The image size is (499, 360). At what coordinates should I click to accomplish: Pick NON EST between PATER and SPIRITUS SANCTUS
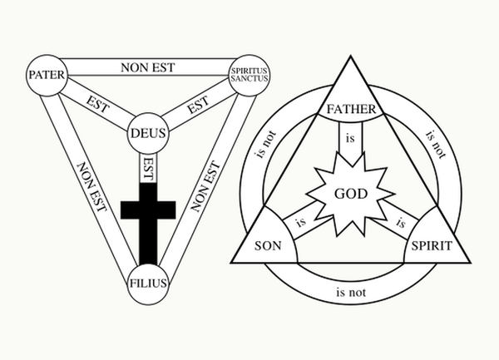tap(148, 67)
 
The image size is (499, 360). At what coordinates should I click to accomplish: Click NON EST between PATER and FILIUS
tap(91, 187)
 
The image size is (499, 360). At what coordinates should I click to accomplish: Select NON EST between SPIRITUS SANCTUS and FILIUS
tap(205, 186)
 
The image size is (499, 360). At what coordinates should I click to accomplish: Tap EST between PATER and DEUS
tap(97, 104)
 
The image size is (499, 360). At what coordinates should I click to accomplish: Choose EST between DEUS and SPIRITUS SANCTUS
tap(198, 104)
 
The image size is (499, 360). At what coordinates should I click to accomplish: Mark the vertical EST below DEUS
tap(148, 169)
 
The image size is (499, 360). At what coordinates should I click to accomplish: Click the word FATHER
tap(351, 109)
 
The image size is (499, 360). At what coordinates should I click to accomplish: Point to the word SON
tap(268, 246)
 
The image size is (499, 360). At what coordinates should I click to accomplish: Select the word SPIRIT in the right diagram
tap(432, 246)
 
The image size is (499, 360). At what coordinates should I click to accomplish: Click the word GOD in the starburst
tap(351, 194)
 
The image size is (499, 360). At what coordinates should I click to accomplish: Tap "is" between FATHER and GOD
tap(350, 138)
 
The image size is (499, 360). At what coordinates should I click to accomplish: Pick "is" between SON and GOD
tap(301, 222)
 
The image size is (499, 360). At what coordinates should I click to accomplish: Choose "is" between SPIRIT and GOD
tap(401, 223)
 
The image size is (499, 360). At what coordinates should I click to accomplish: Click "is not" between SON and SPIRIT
tap(351, 292)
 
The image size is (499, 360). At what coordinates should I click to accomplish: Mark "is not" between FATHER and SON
tap(265, 145)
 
